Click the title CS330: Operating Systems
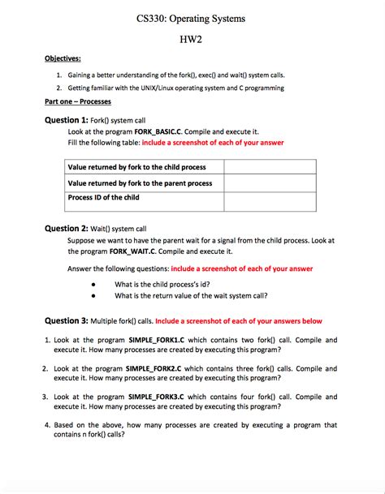(x=192, y=17)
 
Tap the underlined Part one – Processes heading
(x=77, y=102)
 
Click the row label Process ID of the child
(x=104, y=197)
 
